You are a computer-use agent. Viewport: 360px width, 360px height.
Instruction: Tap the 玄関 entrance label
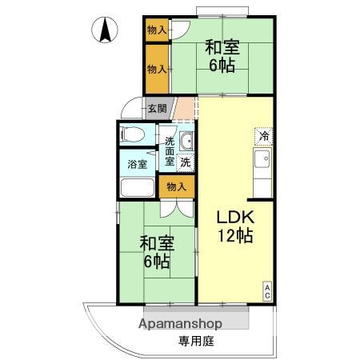click(157, 109)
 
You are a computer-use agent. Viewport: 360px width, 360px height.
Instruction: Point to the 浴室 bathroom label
click(137, 165)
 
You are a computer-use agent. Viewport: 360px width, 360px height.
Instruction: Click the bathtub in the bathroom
click(138, 188)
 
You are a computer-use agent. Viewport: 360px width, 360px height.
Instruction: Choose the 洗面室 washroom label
click(170, 150)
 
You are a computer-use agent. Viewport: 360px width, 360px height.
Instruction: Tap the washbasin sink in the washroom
click(186, 142)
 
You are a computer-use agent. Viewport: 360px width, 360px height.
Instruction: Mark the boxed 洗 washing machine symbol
click(186, 162)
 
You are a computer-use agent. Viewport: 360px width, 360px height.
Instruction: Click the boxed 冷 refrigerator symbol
click(264, 136)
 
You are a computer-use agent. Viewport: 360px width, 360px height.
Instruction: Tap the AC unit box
click(267, 292)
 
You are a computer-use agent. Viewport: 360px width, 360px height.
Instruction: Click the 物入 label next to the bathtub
click(175, 187)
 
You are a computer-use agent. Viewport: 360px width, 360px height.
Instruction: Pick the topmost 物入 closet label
click(157, 30)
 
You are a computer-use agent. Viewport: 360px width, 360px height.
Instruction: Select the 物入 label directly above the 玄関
click(157, 70)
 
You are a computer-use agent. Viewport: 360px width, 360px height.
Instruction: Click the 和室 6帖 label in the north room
click(222, 56)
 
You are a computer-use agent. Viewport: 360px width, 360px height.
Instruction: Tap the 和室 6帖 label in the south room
click(156, 251)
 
